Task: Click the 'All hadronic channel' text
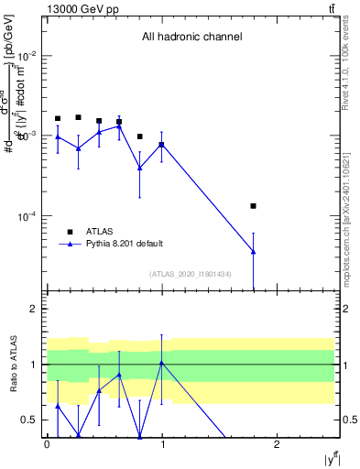click(191, 38)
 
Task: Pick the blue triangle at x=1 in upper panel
click(161, 145)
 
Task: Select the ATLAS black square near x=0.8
click(140, 136)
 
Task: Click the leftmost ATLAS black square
click(58, 118)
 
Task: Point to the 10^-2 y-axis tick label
click(27, 56)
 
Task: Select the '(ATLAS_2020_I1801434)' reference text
click(190, 274)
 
